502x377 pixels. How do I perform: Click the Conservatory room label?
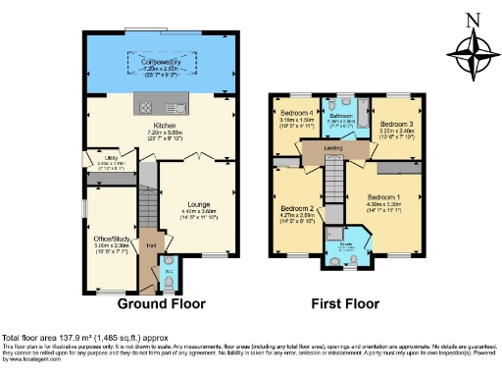pos(162,61)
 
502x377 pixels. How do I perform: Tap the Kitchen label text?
pos(161,126)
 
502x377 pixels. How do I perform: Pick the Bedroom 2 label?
pos(297,209)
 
